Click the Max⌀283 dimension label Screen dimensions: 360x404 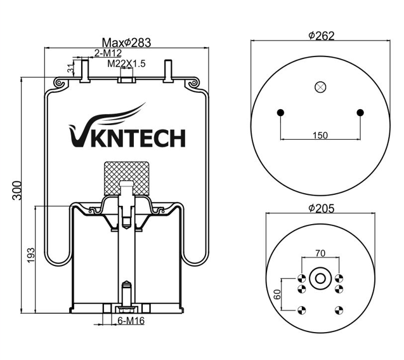[x=126, y=42]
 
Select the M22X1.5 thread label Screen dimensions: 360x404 [x=127, y=63]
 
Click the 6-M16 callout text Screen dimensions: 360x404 [x=131, y=320]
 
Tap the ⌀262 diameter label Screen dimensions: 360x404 [x=322, y=36]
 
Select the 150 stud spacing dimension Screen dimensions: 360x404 [x=321, y=135]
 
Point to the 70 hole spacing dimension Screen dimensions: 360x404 [x=320, y=253]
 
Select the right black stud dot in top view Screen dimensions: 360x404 [x=360, y=113]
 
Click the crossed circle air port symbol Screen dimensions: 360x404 [x=320, y=88]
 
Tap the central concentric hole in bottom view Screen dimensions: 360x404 [x=320, y=277]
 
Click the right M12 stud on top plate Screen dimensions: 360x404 [x=167, y=70]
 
